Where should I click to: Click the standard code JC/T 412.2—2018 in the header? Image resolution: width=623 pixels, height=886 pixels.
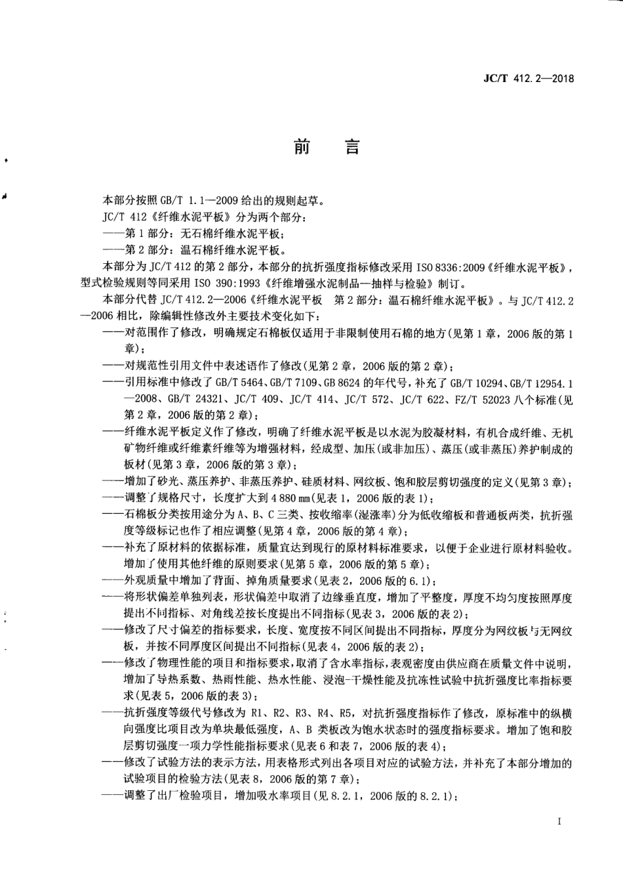tap(529, 79)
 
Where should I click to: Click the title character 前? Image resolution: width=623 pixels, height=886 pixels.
tap(302, 147)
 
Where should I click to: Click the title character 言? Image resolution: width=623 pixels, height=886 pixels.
tap(352, 147)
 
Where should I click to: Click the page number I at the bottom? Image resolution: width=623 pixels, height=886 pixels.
tap(559, 821)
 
